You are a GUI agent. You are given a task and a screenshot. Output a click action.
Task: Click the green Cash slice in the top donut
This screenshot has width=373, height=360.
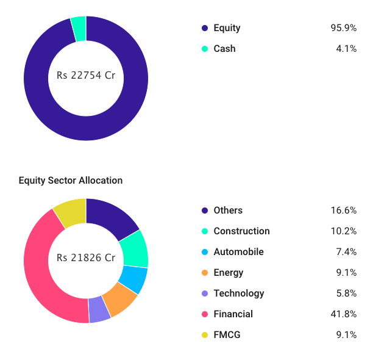79,28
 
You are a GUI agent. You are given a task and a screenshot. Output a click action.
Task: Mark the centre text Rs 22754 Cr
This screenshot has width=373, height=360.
86,76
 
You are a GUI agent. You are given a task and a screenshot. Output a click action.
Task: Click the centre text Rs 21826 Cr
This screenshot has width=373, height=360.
86,257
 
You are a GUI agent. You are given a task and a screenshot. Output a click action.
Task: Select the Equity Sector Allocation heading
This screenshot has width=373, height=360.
71,181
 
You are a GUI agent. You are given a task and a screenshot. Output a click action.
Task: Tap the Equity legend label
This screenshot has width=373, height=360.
227,28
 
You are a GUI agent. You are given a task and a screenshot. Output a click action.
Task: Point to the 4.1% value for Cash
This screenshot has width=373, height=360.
345,49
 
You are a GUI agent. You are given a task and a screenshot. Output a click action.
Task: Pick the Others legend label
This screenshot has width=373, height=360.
228,211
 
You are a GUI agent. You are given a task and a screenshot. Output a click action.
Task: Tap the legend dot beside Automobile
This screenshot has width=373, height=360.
205,252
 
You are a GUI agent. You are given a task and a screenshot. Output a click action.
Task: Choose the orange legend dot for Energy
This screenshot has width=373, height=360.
205,273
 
